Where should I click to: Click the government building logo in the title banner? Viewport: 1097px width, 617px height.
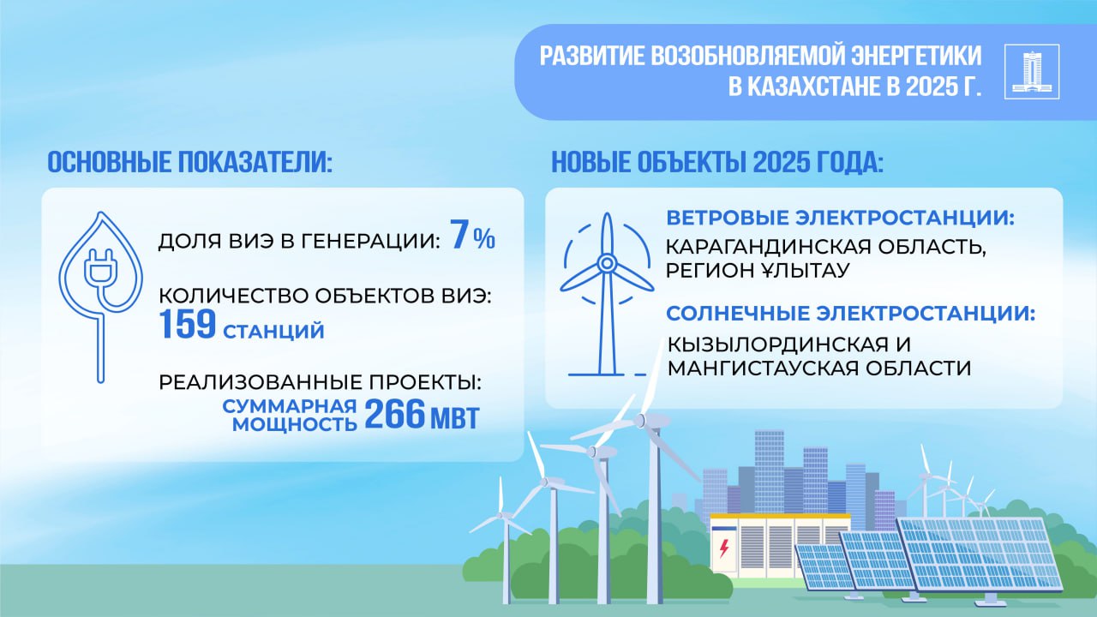coord(1032,71)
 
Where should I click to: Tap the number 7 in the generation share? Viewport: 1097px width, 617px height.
coord(460,235)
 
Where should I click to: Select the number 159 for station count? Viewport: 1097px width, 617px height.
coord(188,324)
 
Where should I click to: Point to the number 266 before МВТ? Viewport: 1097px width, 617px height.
coord(395,414)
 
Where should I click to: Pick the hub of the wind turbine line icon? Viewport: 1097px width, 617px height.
coord(607,263)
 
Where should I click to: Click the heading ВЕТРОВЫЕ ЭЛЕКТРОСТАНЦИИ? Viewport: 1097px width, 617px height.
coord(841,218)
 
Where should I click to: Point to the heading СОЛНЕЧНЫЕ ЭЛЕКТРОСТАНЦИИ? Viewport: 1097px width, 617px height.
coord(851,314)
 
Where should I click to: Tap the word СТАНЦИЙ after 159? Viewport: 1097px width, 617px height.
coord(273,332)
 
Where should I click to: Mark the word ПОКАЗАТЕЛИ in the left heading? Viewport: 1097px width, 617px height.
coord(255,162)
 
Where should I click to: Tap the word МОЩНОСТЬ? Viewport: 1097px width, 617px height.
coord(294,424)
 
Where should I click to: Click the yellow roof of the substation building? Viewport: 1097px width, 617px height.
coord(780,516)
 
